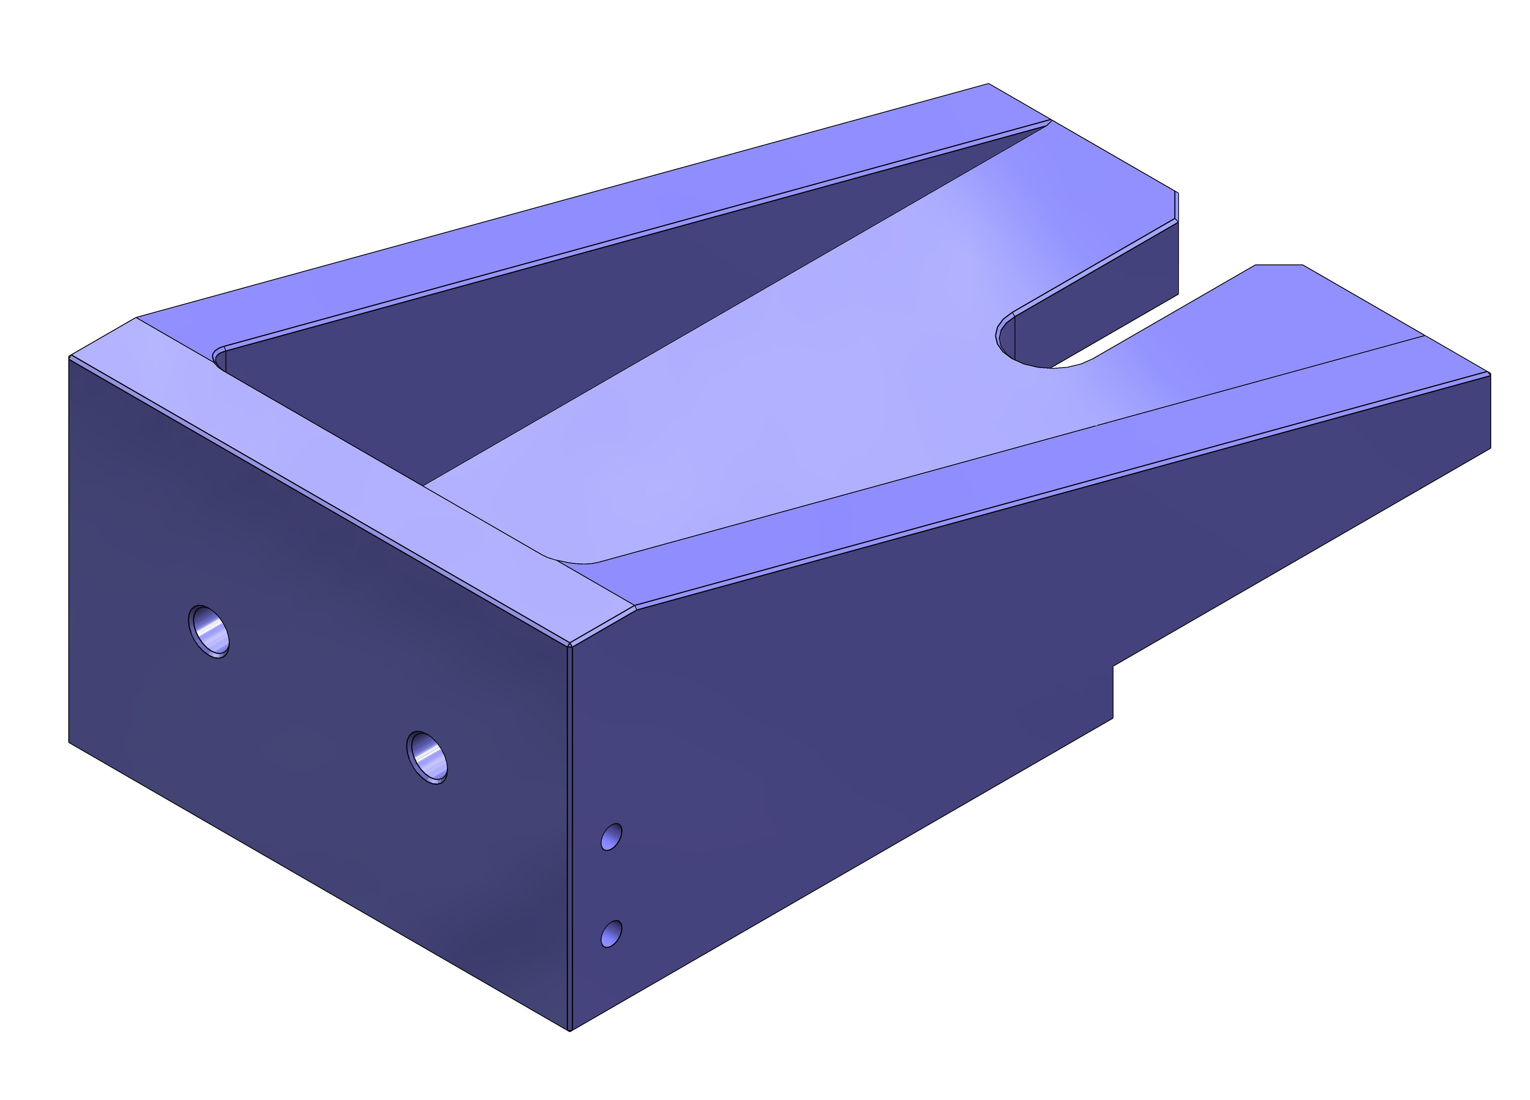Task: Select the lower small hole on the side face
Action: pyautogui.click(x=611, y=933)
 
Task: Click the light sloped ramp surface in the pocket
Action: pyautogui.click(x=776, y=405)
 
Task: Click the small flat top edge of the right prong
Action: pyautogui.click(x=1278, y=265)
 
